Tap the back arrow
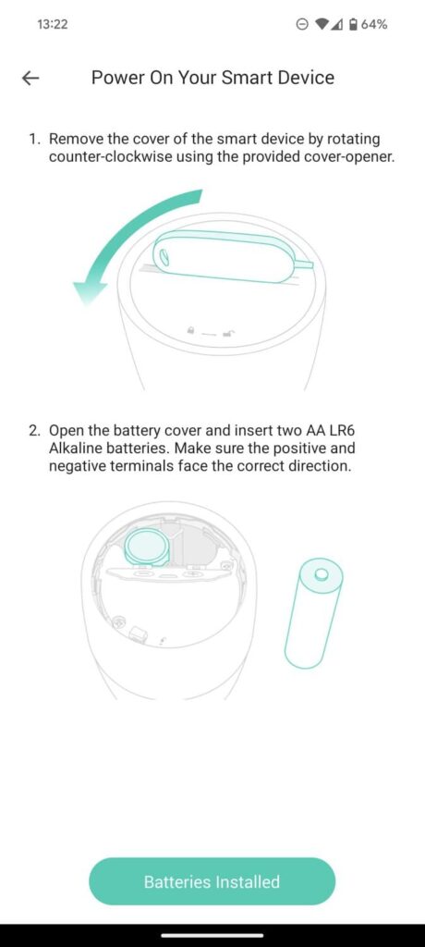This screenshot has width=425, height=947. tap(30, 78)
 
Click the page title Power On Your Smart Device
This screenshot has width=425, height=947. tap(212, 78)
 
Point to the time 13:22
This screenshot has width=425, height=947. tap(52, 24)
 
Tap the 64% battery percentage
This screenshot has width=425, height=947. tap(374, 24)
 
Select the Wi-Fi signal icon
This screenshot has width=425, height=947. tap(322, 24)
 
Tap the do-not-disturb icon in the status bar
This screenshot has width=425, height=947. tap(303, 24)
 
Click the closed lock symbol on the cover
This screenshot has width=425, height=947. tap(190, 330)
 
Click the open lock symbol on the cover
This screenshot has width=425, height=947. tap(228, 332)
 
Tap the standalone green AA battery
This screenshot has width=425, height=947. tap(313, 613)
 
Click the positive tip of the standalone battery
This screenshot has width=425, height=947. tap(322, 572)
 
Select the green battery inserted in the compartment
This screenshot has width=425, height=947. tap(147, 547)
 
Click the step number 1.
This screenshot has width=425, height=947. tap(34, 140)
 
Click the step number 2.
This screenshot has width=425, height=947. tap(34, 431)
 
